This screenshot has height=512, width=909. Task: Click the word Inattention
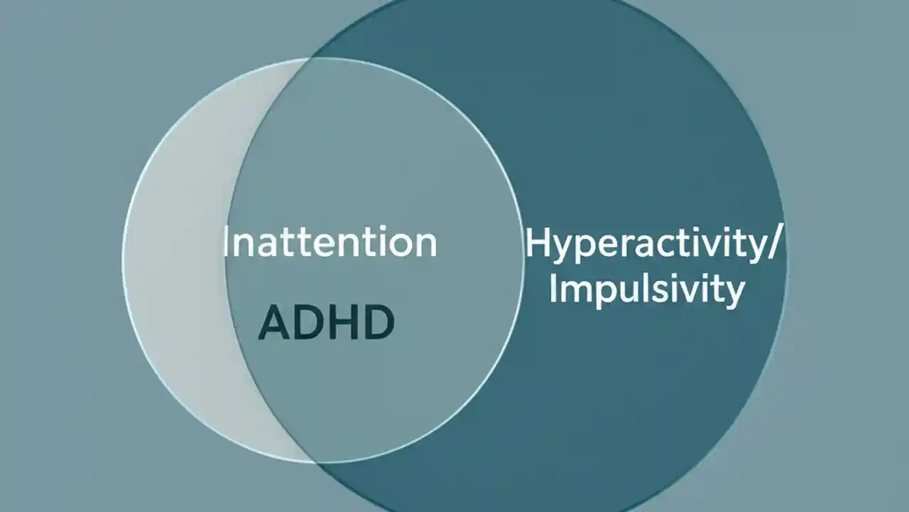[x=330, y=242]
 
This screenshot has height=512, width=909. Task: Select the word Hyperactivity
[x=643, y=244]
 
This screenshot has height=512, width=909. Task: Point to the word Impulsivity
[x=646, y=289]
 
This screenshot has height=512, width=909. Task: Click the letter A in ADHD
[x=274, y=323]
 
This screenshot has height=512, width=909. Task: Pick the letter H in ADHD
[x=342, y=323]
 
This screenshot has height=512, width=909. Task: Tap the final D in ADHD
[x=378, y=323]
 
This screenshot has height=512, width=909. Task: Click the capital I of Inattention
[x=227, y=242]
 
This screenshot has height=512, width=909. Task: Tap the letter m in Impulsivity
[x=574, y=291]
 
